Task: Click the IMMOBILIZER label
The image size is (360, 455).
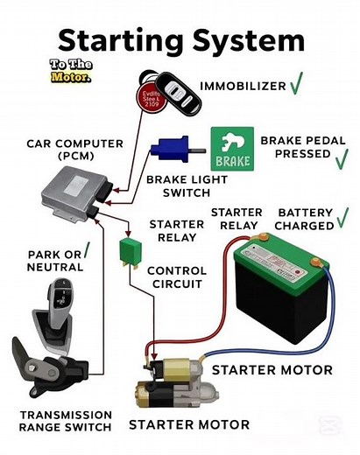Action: click(243, 86)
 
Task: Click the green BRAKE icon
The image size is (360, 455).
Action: click(231, 149)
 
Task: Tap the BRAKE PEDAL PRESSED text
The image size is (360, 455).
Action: click(295, 147)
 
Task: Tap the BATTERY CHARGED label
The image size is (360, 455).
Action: click(306, 219)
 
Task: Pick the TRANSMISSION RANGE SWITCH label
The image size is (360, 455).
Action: click(65, 421)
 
